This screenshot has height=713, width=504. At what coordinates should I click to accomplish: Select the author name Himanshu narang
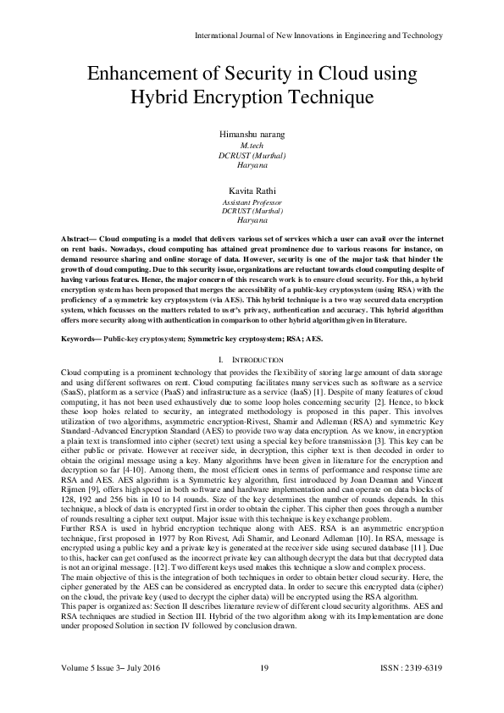[252, 135]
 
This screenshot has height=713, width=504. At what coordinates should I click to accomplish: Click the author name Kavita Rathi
[252, 193]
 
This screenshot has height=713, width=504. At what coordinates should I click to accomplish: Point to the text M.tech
[252, 146]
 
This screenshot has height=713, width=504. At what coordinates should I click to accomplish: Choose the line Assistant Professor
[252, 204]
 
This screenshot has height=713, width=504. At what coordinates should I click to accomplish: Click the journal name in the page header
[318, 36]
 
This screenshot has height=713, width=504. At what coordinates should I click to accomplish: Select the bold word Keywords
[85, 315]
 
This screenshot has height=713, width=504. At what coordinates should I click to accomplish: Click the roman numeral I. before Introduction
[222, 337]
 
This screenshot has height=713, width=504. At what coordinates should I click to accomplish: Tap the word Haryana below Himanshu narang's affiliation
[252, 166]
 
